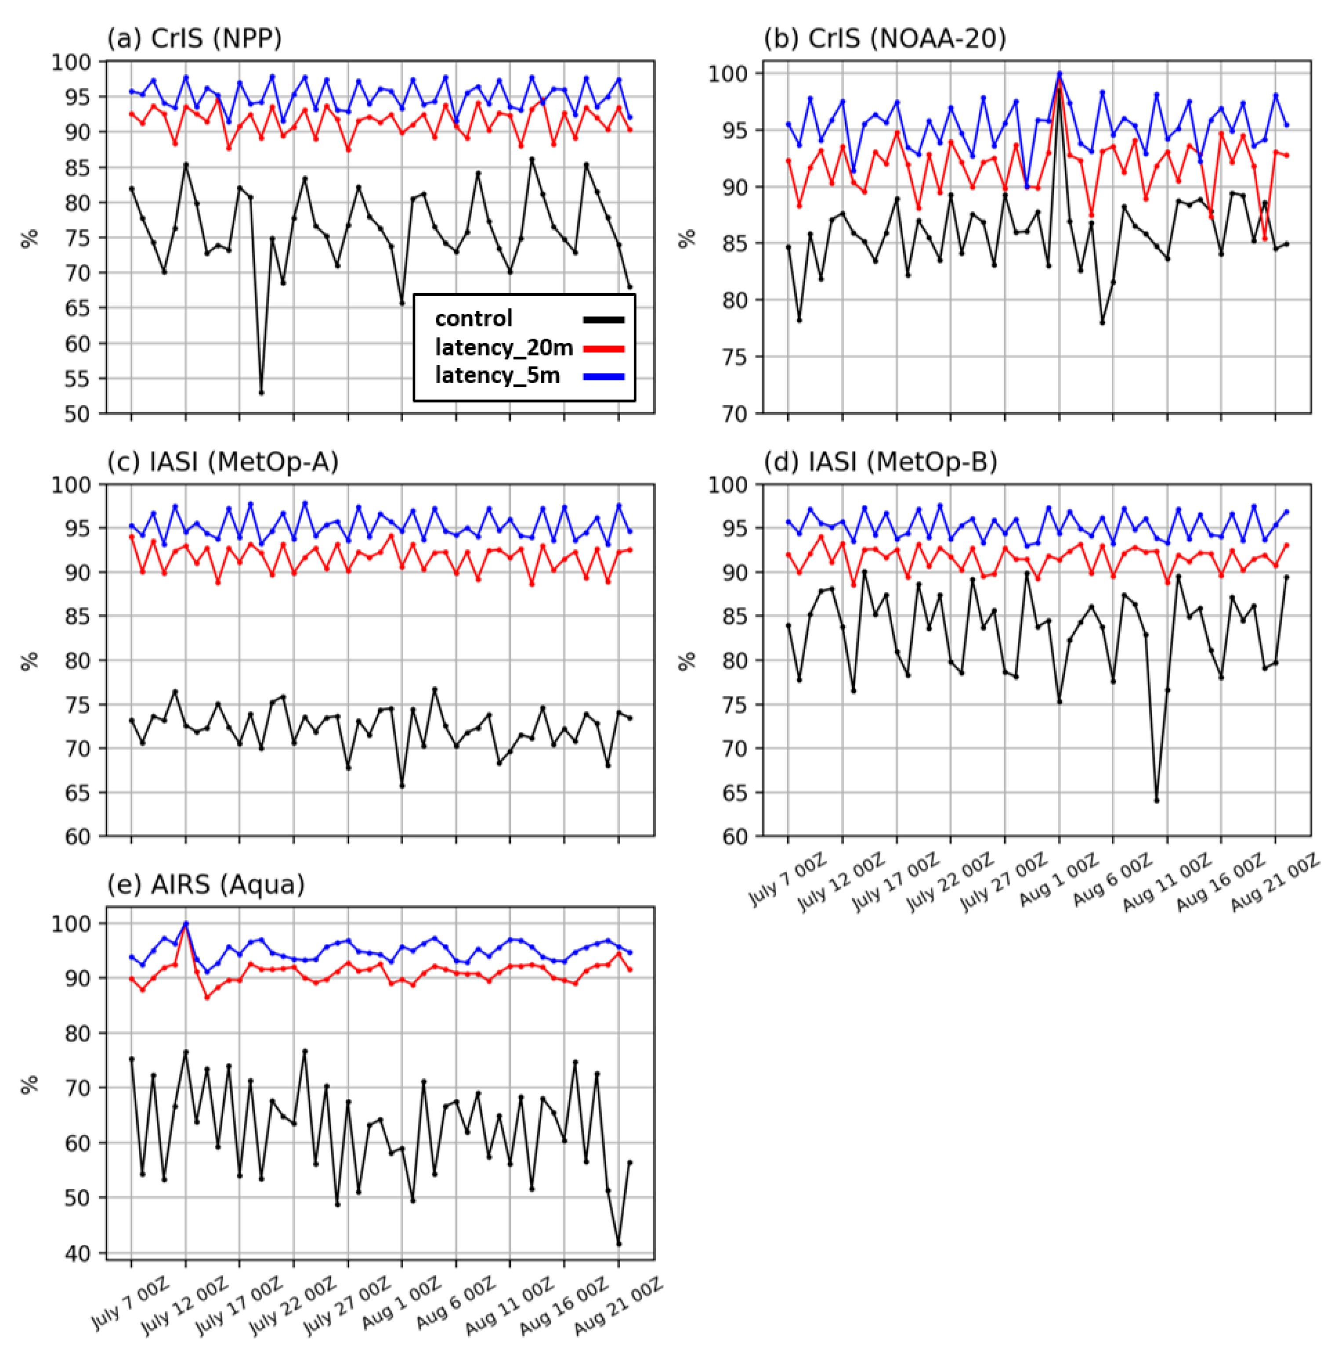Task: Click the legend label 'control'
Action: point(473,319)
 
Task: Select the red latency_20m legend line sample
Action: point(603,348)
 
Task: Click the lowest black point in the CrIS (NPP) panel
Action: point(261,392)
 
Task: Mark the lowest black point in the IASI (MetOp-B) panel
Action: point(1156,800)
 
